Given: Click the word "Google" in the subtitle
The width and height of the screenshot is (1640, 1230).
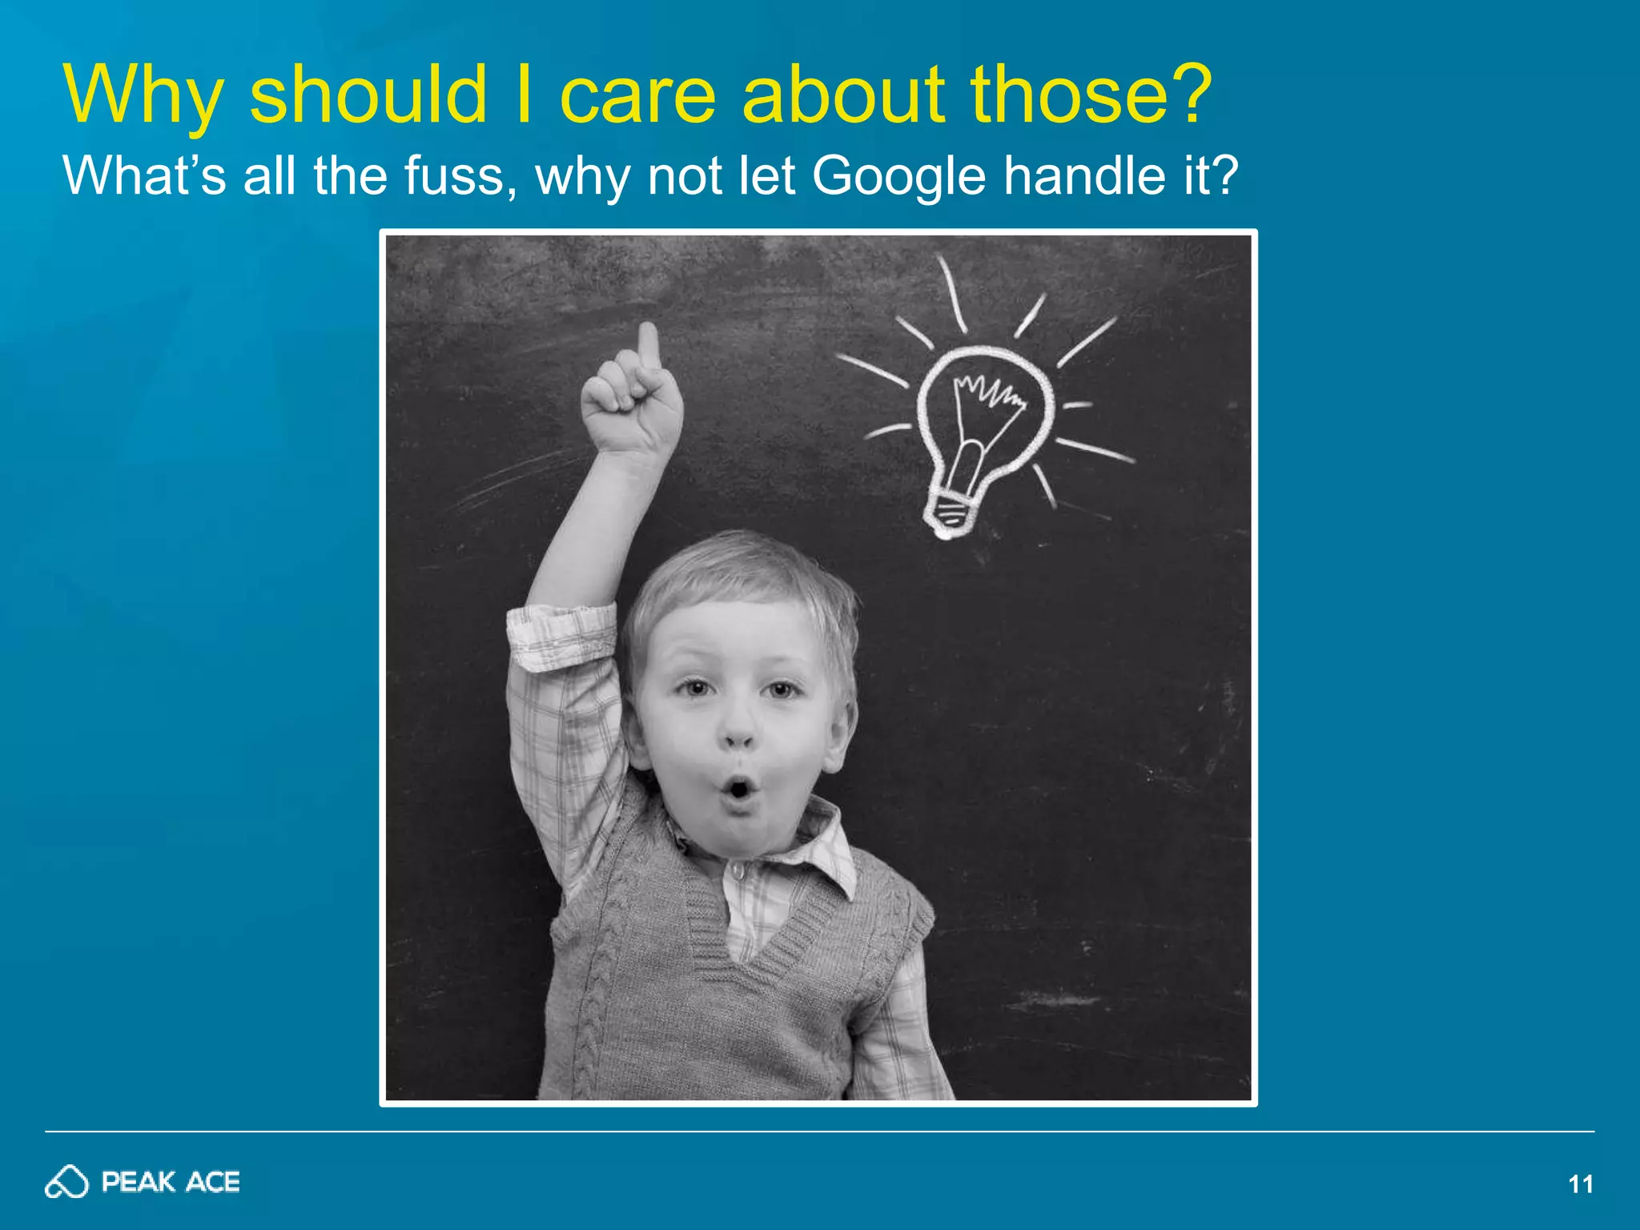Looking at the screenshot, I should [x=898, y=176].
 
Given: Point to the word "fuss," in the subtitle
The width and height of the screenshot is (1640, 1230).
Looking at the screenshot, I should [x=460, y=176].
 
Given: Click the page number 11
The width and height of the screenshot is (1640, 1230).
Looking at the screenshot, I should [x=1580, y=1184].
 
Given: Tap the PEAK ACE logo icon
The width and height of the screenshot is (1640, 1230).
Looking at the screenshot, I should [x=66, y=1182].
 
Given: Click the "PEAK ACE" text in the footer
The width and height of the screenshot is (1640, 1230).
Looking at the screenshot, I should [x=171, y=1182].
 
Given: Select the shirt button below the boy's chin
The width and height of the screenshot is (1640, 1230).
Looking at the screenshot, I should [x=738, y=870].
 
